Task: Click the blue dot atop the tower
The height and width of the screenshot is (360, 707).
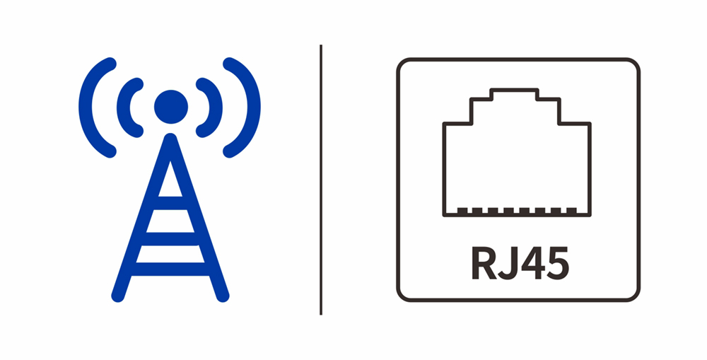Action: click(170, 107)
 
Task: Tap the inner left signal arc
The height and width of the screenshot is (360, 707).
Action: click(128, 107)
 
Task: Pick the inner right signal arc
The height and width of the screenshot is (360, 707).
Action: click(213, 107)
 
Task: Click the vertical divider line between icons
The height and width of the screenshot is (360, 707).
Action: click(321, 180)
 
